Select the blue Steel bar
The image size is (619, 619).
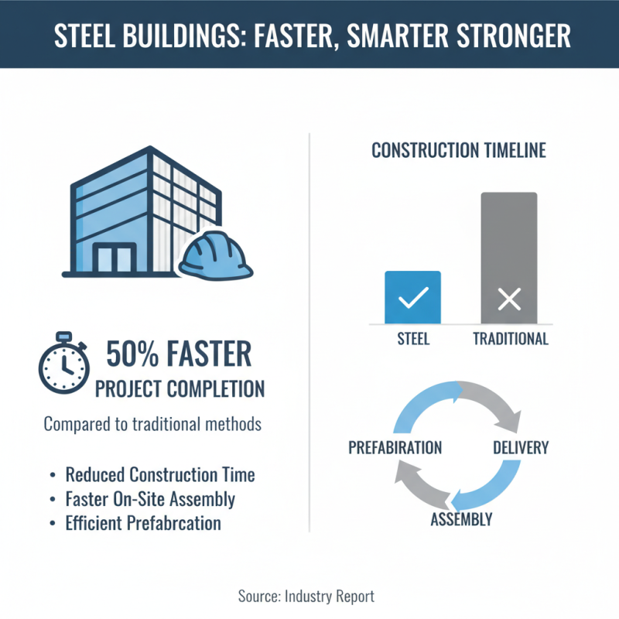[412, 297]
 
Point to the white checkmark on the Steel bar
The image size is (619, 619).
[412, 298]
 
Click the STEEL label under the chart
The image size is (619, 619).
[412, 339]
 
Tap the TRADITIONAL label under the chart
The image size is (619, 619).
[510, 339]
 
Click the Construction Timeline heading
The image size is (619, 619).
[459, 150]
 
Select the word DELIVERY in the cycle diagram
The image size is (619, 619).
[521, 448]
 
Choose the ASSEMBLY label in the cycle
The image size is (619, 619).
[461, 519]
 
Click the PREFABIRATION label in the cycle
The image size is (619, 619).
[395, 448]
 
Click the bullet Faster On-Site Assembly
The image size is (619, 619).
[150, 499]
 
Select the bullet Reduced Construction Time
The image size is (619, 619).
[160, 475]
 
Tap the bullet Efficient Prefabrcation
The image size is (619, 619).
[143, 523]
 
